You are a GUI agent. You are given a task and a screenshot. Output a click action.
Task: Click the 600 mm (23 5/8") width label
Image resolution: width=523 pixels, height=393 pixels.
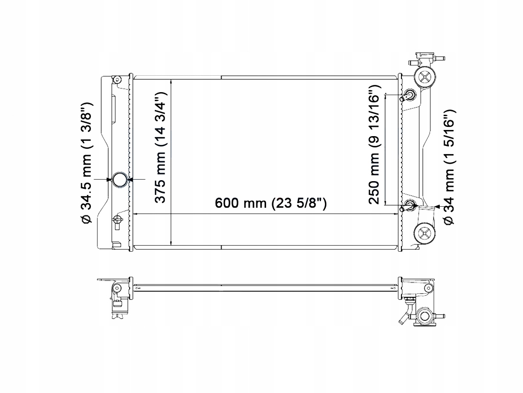271,203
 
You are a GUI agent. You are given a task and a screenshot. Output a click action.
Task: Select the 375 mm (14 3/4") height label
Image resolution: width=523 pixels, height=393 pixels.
161,148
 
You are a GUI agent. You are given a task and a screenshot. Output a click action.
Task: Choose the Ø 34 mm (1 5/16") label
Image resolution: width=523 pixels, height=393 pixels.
449,167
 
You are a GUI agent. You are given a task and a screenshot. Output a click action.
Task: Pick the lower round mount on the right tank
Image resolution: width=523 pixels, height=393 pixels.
425,234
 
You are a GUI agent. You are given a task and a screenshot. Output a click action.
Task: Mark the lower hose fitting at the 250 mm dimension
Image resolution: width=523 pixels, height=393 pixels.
410,206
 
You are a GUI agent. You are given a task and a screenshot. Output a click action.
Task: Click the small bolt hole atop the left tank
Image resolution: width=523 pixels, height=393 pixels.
117,79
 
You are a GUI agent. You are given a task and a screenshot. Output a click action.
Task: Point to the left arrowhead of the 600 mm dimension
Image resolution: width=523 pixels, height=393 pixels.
137,214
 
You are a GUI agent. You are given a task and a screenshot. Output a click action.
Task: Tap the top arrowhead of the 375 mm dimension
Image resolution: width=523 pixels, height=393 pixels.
171,81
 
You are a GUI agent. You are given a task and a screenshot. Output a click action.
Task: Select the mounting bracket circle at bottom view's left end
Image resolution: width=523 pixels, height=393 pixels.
117,288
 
